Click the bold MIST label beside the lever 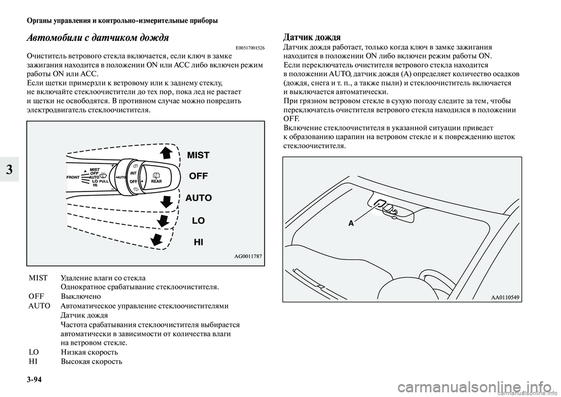coord(198,155)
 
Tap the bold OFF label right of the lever coord(199,176)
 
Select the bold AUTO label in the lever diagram coord(199,198)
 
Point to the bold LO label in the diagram coord(198,221)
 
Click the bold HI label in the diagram coord(198,242)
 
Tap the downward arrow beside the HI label coord(157,240)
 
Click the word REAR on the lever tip coord(156,181)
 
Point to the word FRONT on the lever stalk coord(72,176)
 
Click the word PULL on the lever coord(105,182)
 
